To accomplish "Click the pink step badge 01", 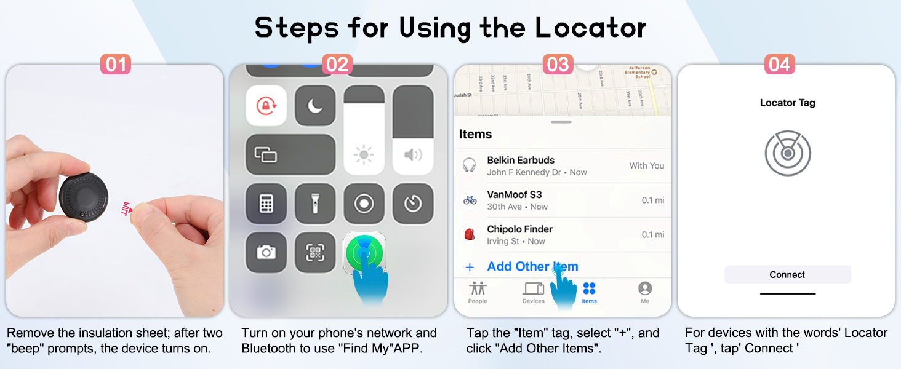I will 115,65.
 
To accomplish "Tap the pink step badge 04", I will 779,65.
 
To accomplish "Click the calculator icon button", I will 266,204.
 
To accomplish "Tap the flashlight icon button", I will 315,204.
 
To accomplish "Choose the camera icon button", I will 266,252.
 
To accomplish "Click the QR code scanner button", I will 315,252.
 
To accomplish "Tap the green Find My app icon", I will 364,252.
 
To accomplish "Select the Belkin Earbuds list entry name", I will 521,160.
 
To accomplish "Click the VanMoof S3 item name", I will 515,195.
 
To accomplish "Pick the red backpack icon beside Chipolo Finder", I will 470,234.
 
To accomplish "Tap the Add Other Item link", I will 532,266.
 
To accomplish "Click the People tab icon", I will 478,288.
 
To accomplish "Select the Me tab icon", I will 644,288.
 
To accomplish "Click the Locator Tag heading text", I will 787,103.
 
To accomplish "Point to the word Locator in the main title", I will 590,28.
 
